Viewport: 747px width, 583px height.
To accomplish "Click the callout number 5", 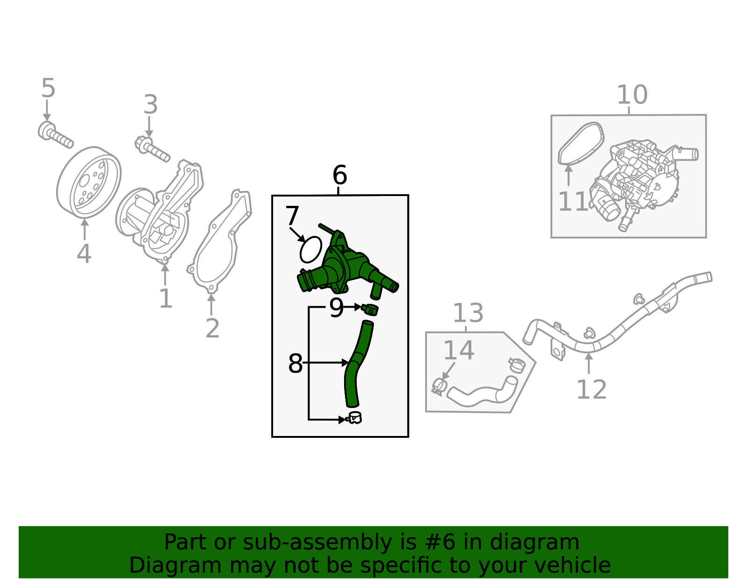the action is click(x=48, y=88).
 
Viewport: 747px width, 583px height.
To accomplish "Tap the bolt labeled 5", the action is click(x=55, y=135).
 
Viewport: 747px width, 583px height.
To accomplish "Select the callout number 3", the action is click(x=151, y=105).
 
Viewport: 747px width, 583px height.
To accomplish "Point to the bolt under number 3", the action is click(x=152, y=148).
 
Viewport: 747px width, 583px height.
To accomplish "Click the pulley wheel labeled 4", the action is click(x=89, y=182).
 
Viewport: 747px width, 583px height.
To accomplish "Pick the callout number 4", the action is click(x=84, y=253).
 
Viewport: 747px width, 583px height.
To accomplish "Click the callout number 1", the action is click(x=166, y=298).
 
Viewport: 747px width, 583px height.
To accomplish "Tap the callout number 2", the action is click(x=212, y=328).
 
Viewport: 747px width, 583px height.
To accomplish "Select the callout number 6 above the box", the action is click(x=339, y=175).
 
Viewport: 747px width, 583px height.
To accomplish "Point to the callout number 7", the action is click(x=292, y=215).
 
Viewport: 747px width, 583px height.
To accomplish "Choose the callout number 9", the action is click(x=336, y=308).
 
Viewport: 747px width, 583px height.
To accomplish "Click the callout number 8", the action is click(x=295, y=363).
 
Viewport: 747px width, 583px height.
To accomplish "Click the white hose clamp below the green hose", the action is click(x=354, y=418).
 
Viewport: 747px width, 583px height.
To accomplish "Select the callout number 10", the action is click(x=632, y=94).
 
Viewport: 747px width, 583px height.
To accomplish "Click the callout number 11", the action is click(x=573, y=201).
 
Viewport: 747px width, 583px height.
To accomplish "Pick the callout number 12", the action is click(x=591, y=389).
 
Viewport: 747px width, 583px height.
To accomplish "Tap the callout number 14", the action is click(x=459, y=350).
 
